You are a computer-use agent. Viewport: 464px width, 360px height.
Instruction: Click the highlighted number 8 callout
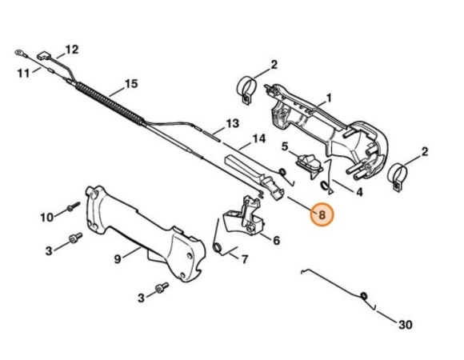coord(322,214)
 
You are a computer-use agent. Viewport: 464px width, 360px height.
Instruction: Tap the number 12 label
coord(72,50)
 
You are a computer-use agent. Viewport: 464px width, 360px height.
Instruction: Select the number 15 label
coord(131,84)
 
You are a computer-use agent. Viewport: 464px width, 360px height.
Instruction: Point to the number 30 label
coord(406,325)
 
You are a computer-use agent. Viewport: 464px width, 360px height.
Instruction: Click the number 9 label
coord(118,259)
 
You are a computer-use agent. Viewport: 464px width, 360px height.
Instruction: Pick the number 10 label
coord(46,218)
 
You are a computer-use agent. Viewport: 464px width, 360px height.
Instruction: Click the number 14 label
coord(258,138)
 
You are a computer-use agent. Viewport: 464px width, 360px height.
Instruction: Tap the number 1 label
coord(329,98)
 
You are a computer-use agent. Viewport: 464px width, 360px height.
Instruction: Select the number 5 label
coord(285,146)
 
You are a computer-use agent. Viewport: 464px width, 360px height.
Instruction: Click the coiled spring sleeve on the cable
coord(110,103)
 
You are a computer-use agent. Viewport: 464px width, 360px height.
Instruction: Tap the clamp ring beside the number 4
coord(398,177)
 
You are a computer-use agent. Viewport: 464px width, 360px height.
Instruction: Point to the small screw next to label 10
coord(74,206)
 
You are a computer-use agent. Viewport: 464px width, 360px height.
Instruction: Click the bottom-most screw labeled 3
coord(162,287)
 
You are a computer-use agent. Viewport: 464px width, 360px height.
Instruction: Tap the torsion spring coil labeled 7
coord(218,247)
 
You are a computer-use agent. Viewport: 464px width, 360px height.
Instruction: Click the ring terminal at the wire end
coord(19,53)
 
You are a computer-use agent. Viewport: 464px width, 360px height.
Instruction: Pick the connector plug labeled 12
coord(43,57)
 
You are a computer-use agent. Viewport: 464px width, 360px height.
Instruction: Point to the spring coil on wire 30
coord(364,295)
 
